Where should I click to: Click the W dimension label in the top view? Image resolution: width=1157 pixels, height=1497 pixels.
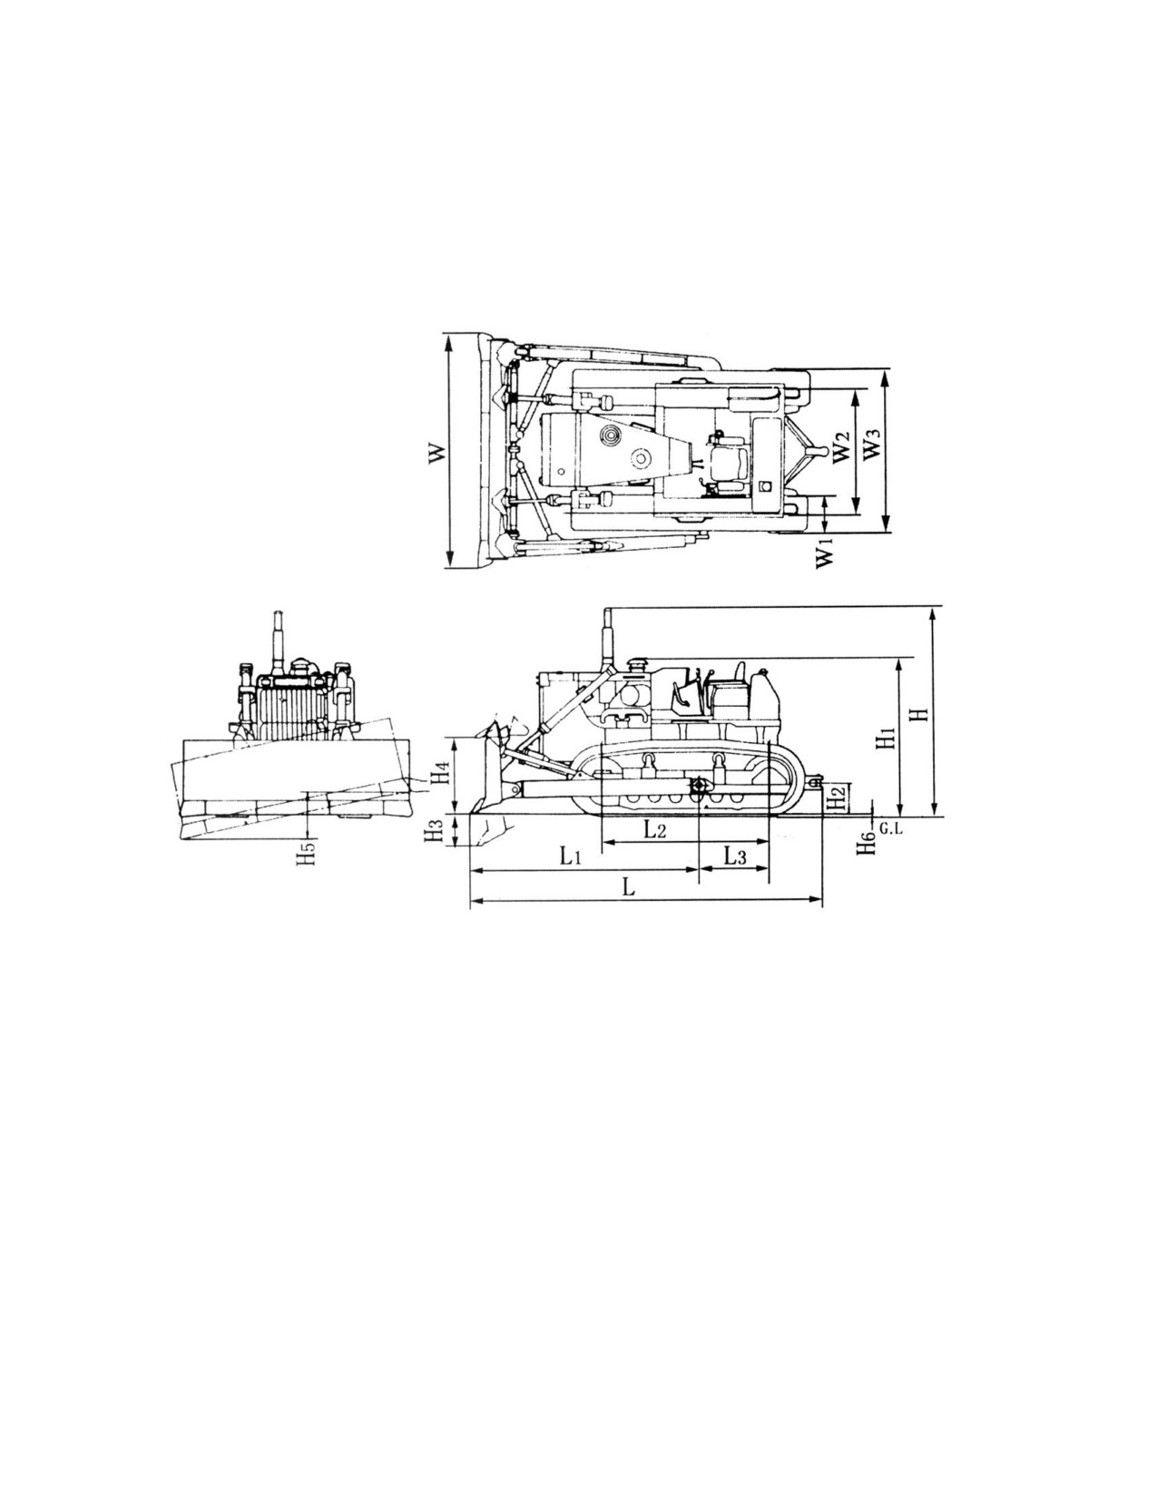point(436,454)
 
